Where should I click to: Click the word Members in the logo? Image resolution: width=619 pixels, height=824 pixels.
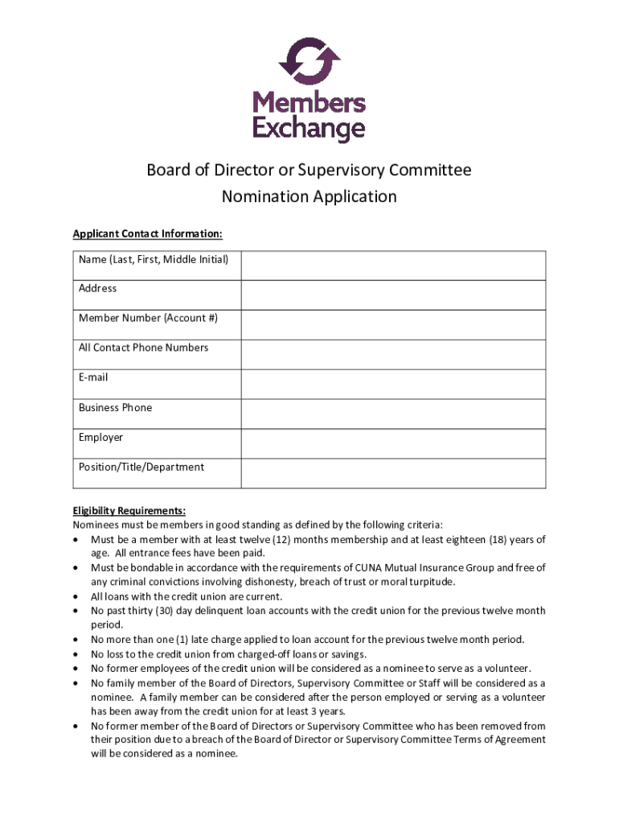pyautogui.click(x=309, y=104)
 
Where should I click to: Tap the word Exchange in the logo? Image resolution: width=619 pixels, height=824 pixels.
pyautogui.click(x=309, y=129)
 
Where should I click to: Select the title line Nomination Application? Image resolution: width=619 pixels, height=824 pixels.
pyautogui.click(x=309, y=196)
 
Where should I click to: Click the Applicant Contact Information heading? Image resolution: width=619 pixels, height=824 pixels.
pyautogui.click(x=147, y=234)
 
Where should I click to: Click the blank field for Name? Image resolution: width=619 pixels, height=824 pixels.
pyautogui.click(x=394, y=265)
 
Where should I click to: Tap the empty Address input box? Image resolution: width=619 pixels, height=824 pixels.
pyautogui.click(x=394, y=295)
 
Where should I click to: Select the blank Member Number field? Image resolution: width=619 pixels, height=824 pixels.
pyautogui.click(x=394, y=324)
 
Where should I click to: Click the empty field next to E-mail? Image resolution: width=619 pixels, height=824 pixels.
pyautogui.click(x=394, y=384)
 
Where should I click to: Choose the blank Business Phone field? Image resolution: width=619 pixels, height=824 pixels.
pyautogui.click(x=394, y=414)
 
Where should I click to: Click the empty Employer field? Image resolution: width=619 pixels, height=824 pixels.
pyautogui.click(x=394, y=443)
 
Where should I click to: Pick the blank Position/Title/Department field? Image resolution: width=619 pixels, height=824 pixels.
pyautogui.click(x=394, y=473)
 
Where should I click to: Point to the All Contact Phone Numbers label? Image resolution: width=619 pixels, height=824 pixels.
pyautogui.click(x=143, y=348)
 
